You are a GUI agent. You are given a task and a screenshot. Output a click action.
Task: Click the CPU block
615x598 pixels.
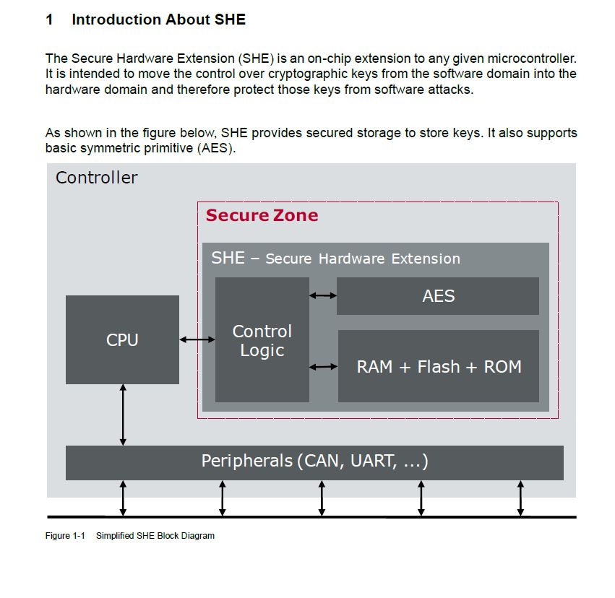pyautogui.click(x=122, y=339)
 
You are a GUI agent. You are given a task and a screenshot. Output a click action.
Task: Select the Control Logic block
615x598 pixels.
pyautogui.click(x=262, y=340)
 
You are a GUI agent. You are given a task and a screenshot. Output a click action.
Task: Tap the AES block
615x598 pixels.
pyautogui.click(x=438, y=296)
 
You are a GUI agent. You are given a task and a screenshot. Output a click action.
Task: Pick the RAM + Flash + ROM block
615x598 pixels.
pyautogui.click(x=439, y=366)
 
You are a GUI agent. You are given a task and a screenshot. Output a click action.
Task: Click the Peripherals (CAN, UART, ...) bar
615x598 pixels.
pyautogui.click(x=314, y=461)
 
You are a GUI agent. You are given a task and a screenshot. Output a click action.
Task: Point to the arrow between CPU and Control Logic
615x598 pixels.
pyautogui.click(x=197, y=339)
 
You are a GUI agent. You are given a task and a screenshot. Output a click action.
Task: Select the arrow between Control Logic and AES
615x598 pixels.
pyautogui.click(x=323, y=295)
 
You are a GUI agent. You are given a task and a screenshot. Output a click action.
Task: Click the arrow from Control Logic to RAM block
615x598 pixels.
pyautogui.click(x=323, y=367)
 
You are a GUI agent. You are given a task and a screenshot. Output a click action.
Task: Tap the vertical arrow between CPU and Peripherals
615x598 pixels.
pyautogui.click(x=123, y=415)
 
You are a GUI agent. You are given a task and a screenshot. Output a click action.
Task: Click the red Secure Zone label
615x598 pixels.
pyautogui.click(x=262, y=215)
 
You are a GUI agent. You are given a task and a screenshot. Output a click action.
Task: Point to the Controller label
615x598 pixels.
pyautogui.click(x=96, y=178)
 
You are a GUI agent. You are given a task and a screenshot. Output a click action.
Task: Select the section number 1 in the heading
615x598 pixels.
pyautogui.click(x=49, y=20)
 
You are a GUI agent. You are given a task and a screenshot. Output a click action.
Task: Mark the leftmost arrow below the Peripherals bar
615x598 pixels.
pyautogui.click(x=123, y=498)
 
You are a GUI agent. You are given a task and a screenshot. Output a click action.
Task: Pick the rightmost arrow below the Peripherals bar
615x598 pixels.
pyautogui.click(x=520, y=498)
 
